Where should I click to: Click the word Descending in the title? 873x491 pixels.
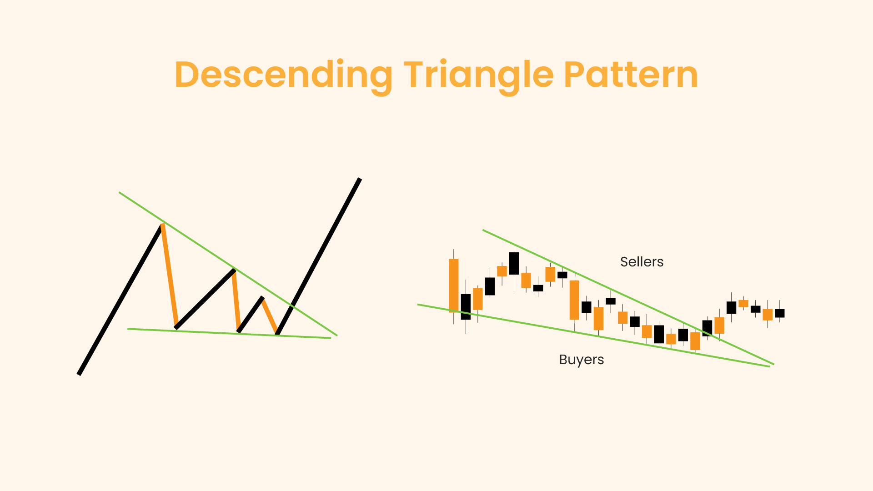(x=283, y=75)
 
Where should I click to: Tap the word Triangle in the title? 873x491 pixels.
(x=479, y=75)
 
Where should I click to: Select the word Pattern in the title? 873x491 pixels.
(x=631, y=75)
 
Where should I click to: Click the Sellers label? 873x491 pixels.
(x=642, y=262)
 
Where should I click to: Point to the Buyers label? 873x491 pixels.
(x=582, y=360)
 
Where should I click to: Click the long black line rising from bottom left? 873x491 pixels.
(x=120, y=300)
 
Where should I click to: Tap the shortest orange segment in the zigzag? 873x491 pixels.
(x=270, y=315)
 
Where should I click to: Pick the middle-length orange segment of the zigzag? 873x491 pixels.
(x=236, y=301)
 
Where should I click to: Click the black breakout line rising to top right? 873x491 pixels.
(x=318, y=256)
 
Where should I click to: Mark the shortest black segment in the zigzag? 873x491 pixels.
(x=250, y=314)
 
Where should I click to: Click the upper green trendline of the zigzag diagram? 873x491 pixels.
(x=228, y=264)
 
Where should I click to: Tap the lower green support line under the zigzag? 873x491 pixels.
(x=229, y=333)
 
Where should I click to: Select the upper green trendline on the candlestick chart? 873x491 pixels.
(x=628, y=297)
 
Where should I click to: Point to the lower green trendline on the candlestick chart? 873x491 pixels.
(x=593, y=336)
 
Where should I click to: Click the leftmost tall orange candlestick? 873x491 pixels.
(x=454, y=286)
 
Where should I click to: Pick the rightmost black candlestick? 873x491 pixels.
(x=780, y=313)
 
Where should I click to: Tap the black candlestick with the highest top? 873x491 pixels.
(x=514, y=263)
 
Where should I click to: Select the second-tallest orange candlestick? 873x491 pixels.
(x=575, y=300)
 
